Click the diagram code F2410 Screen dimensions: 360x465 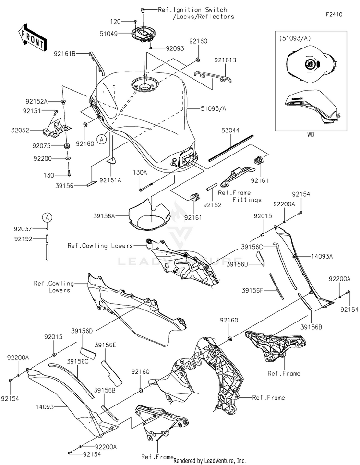click(334, 14)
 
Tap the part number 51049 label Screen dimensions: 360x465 click(108, 34)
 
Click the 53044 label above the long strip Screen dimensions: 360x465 click(230, 131)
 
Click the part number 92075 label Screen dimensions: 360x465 click(41, 146)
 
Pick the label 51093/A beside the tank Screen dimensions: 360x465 click(213, 109)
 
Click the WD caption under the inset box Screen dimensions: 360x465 click(311, 135)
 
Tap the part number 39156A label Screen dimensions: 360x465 click(104, 216)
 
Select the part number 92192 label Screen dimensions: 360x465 click(23, 238)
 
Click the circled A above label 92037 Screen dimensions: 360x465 click(47, 218)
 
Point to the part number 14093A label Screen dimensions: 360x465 click(322, 257)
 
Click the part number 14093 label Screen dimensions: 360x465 click(45, 407)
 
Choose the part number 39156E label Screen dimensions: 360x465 click(105, 345)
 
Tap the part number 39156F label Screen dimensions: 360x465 click(252, 291)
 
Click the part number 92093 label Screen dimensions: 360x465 click(175, 48)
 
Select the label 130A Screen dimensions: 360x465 click(140, 173)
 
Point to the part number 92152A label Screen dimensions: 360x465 click(36, 101)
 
